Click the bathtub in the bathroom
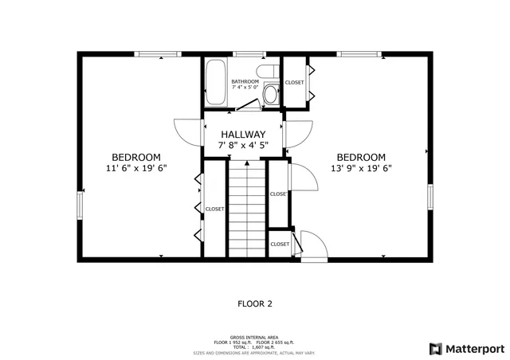pyautogui.click(x=216, y=83)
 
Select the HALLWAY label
pyautogui.click(x=244, y=134)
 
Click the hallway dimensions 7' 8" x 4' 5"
pyautogui.click(x=244, y=145)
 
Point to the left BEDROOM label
pyautogui.click(x=136, y=157)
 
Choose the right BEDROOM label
pyautogui.click(x=361, y=157)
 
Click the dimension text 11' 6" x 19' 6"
pyautogui.click(x=136, y=168)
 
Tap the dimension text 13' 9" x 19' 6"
pyautogui.click(x=361, y=168)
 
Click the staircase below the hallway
pyautogui.click(x=247, y=207)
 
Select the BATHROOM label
pyautogui.click(x=245, y=82)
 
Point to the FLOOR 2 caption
pyautogui.click(x=255, y=303)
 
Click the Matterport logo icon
pyautogui.click(x=435, y=348)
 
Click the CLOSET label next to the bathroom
pyautogui.click(x=295, y=82)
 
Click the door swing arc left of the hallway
pyautogui.click(x=185, y=131)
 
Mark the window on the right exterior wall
pyautogui.click(x=430, y=197)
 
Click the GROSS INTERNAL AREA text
pyautogui.click(x=254, y=338)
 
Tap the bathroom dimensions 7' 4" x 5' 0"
pyautogui.click(x=245, y=89)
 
